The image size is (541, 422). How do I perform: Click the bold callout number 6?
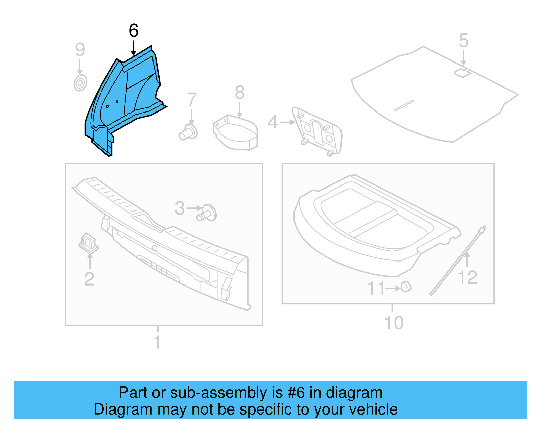tap(134, 31)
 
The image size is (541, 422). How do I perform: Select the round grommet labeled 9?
tap(80, 83)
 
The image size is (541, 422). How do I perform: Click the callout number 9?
tap(80, 50)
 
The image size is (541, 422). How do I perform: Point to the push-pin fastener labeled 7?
tap(189, 132)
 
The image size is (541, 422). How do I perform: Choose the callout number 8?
tap(240, 93)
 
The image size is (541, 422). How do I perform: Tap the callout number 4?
tap(273, 122)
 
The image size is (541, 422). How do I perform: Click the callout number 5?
tap(463, 41)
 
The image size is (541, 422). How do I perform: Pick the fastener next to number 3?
tap(207, 213)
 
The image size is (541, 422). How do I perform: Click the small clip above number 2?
tap(88, 243)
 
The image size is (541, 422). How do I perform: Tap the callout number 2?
tap(89, 279)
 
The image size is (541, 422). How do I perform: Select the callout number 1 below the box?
tap(157, 342)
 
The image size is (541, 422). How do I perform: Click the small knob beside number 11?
tap(406, 287)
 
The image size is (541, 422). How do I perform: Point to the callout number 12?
tap(467, 278)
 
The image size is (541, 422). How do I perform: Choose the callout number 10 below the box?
tap(394, 323)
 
